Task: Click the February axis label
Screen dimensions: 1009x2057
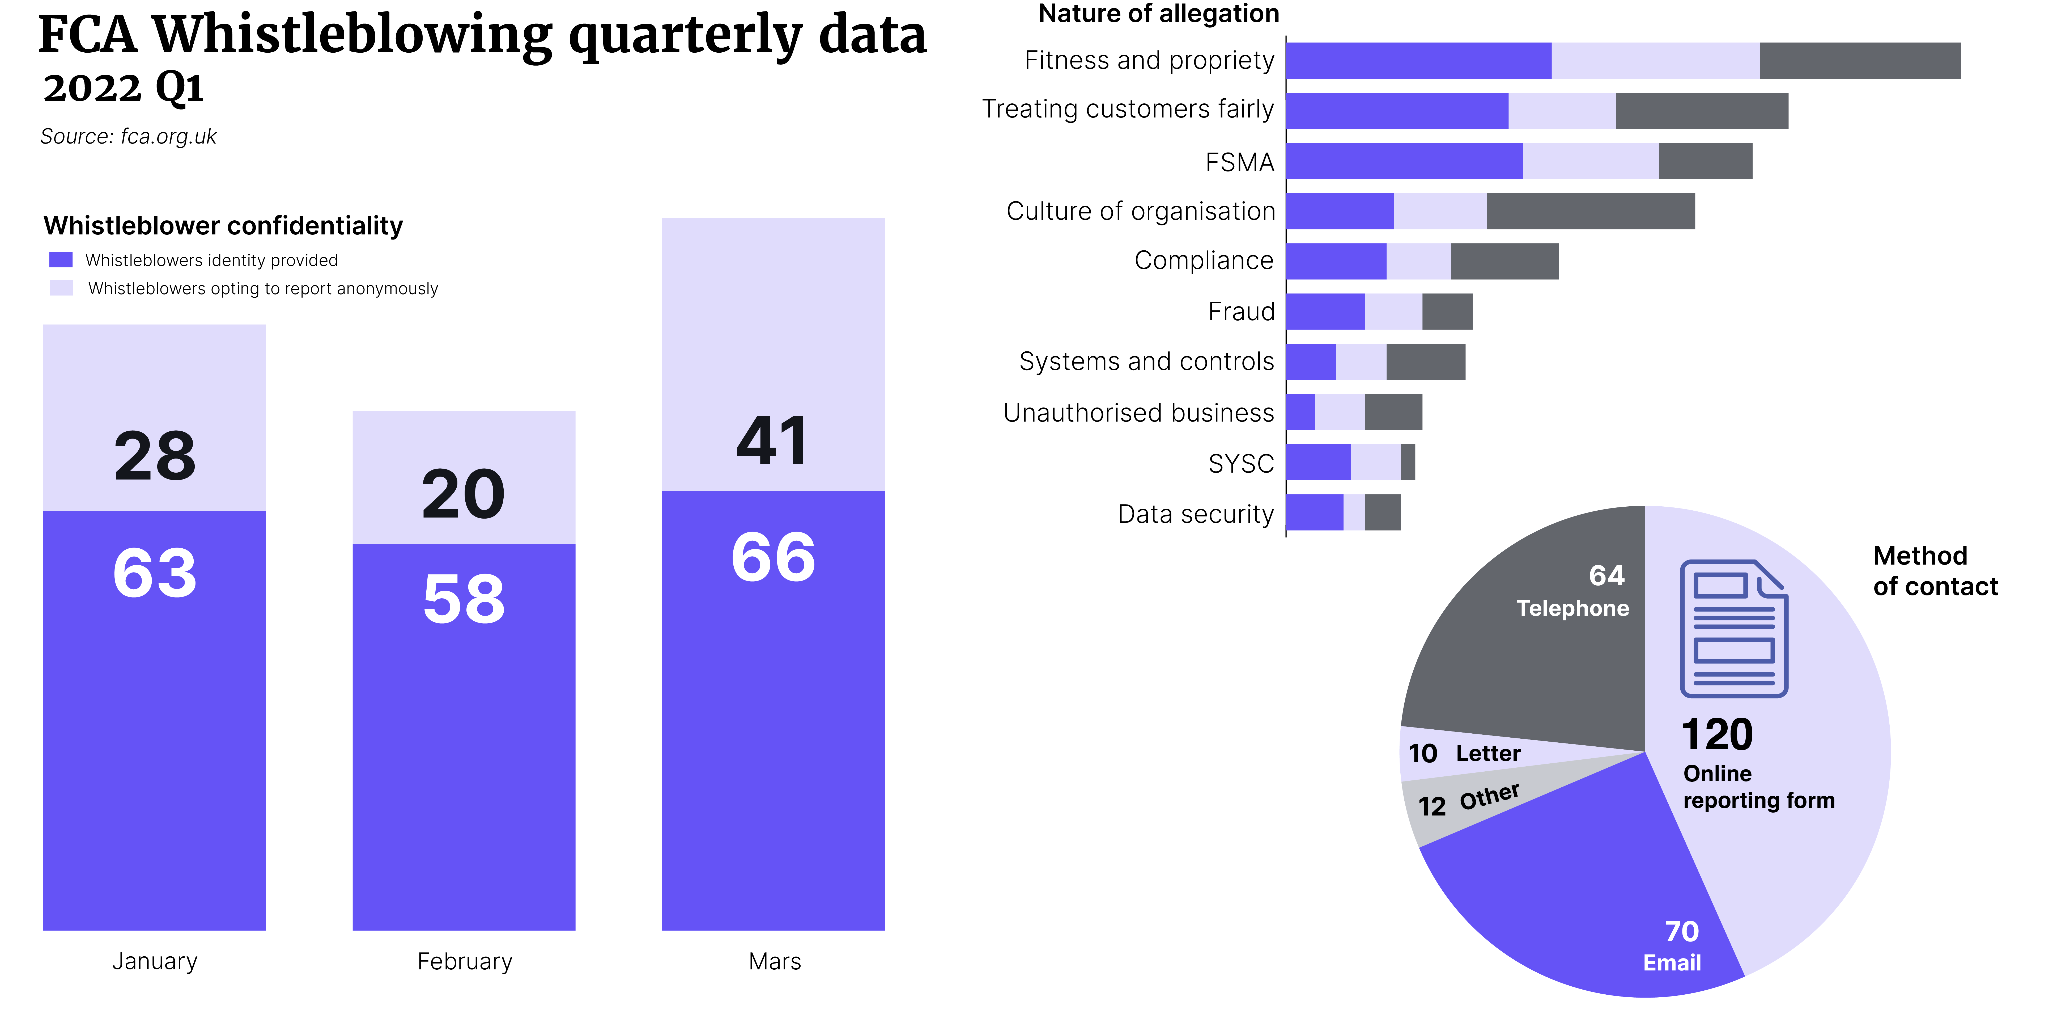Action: [x=465, y=961]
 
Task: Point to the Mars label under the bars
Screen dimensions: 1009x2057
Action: [x=774, y=961]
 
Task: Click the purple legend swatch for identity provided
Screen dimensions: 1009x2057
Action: [x=61, y=260]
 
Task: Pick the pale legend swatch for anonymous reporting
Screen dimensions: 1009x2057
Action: [x=61, y=288]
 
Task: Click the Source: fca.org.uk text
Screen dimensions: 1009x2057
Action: [x=129, y=137]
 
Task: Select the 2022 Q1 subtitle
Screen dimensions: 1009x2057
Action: [x=124, y=88]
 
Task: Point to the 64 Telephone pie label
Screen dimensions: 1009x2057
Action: [x=1573, y=591]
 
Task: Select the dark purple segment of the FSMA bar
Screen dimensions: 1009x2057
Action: [x=1404, y=161]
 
